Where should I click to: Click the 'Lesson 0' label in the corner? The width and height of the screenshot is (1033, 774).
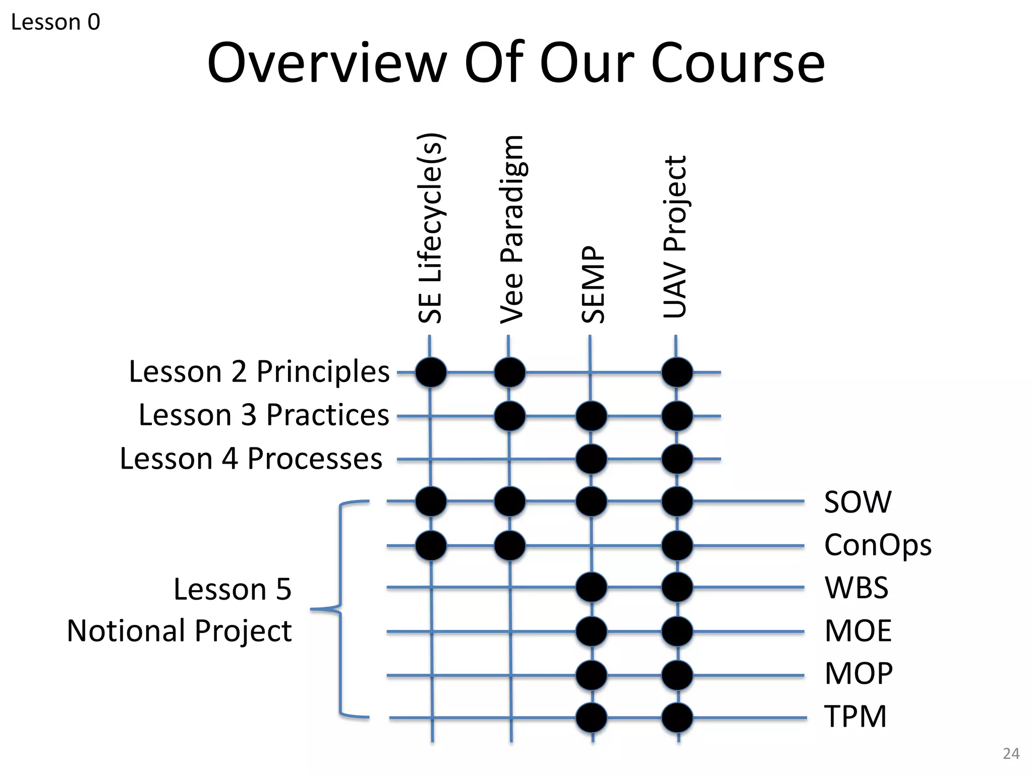tap(55, 22)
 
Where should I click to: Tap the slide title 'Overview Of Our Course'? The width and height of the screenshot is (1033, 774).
tap(515, 63)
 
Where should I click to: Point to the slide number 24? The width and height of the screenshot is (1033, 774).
tap(1011, 753)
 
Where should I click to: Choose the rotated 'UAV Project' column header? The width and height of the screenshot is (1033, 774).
tap(675, 237)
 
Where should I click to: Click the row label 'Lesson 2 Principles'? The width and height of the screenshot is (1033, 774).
tap(259, 372)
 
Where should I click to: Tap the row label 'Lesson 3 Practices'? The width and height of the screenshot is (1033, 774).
tap(264, 415)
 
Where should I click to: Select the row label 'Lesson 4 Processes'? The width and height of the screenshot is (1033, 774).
tap(251, 459)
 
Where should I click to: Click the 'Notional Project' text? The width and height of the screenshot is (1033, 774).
tap(180, 631)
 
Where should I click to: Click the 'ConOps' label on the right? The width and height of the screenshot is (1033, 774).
tap(878, 546)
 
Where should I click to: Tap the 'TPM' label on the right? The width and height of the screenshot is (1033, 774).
tap(855, 717)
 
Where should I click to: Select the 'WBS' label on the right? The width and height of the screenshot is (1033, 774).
tap(856, 588)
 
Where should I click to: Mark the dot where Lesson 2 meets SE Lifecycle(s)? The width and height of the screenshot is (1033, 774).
tap(431, 372)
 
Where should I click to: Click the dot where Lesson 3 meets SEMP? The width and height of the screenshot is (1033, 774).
tap(591, 416)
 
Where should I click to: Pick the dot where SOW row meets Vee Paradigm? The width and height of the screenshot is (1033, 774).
tap(510, 502)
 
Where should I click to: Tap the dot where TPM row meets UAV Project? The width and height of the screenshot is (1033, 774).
tap(677, 718)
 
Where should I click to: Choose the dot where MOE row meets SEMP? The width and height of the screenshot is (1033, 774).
tap(591, 631)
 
